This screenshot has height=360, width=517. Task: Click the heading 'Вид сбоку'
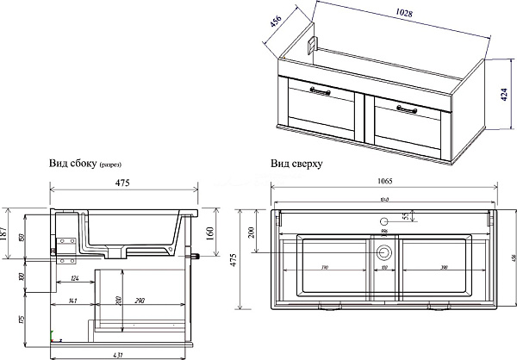(73, 163)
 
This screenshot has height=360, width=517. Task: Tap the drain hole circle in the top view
(384, 253)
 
